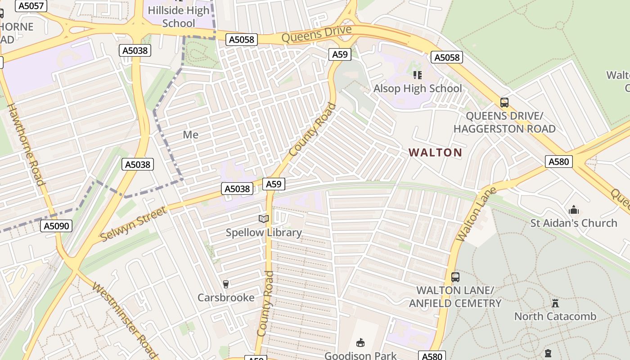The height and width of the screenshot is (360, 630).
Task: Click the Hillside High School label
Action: (179, 17)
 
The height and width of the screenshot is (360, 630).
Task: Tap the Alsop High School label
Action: (418, 88)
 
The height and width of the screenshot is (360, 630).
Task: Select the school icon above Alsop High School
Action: (418, 75)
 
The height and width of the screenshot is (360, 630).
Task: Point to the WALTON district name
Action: (436, 153)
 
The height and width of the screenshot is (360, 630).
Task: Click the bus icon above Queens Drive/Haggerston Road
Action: (504, 103)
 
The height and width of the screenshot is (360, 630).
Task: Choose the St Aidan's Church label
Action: (573, 223)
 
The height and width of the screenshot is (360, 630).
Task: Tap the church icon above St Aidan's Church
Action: (573, 210)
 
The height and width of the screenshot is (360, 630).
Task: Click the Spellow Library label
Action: (264, 233)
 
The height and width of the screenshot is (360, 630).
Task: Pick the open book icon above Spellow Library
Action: (264, 219)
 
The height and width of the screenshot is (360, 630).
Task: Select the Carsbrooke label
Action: (226, 297)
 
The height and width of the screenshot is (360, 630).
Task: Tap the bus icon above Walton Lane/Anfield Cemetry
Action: (455, 277)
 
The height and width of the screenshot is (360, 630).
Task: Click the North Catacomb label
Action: (555, 316)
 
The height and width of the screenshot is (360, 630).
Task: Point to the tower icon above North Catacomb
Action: (555, 303)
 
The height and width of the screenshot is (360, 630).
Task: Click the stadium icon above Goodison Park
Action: (360, 343)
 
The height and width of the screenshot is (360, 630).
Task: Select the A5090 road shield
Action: (58, 226)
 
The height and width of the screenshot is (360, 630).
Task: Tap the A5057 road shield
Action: (31, 6)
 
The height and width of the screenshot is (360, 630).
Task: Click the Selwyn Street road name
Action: (133, 224)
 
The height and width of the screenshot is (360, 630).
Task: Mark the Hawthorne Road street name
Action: (27, 144)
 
